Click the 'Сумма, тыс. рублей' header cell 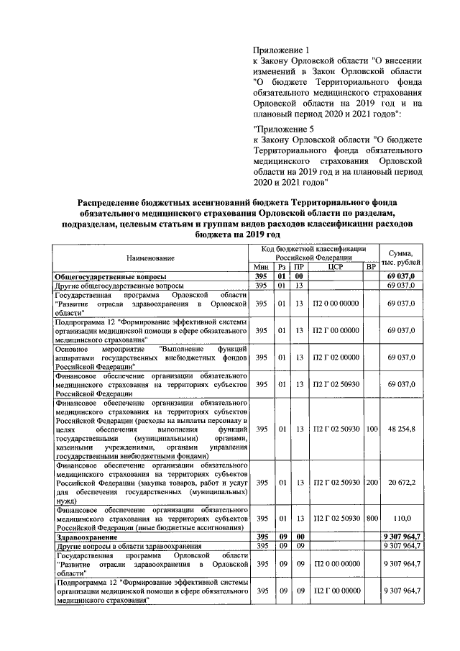(x=401, y=257)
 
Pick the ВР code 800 (x=371, y=519)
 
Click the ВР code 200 (x=371, y=482)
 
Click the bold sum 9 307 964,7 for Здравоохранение (x=401, y=536)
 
